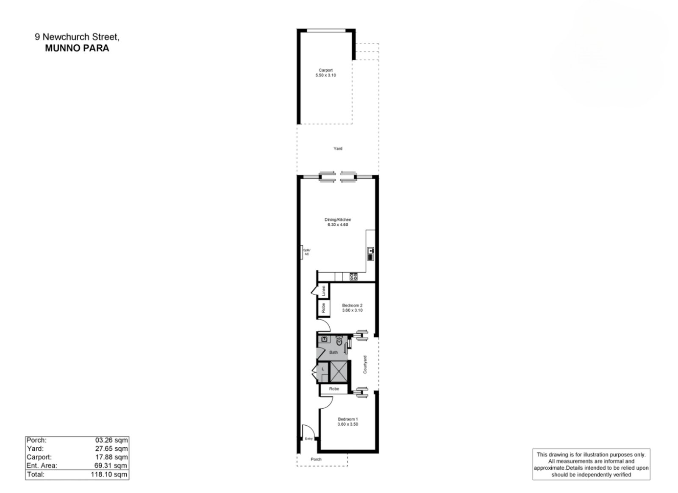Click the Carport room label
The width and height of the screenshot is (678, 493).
(325, 70)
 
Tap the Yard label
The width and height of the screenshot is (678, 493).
(338, 149)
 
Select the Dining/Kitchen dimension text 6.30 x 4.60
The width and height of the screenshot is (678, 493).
(338, 225)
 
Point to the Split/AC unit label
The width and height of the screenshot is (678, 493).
(307, 252)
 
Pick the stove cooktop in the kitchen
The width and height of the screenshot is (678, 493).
(353, 277)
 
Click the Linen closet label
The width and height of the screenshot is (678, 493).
(324, 291)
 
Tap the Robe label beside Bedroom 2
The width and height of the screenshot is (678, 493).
(323, 308)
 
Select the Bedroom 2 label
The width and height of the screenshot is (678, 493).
(352, 305)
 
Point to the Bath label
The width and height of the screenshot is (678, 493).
(333, 352)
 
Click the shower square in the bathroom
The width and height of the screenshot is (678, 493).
(339, 371)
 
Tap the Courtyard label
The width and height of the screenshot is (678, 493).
(365, 365)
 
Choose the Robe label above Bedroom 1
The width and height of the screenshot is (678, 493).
(334, 389)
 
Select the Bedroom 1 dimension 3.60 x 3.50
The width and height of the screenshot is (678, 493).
(348, 424)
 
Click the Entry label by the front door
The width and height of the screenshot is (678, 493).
(309, 439)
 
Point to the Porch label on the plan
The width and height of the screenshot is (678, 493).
(316, 459)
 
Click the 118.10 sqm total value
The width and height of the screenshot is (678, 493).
(109, 474)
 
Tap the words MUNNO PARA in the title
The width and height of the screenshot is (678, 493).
(77, 48)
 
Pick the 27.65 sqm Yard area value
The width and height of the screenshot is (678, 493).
(111, 449)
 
